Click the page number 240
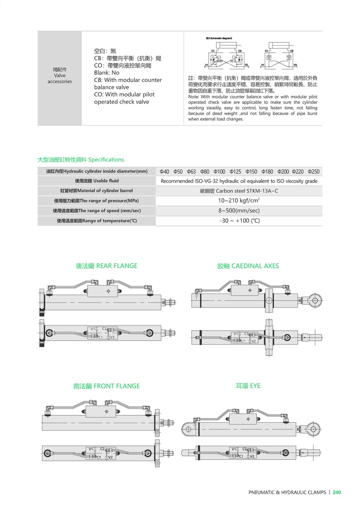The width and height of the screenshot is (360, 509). click(x=337, y=493)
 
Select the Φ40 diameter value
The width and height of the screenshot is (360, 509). click(x=164, y=172)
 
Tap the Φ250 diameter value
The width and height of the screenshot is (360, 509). click(x=314, y=172)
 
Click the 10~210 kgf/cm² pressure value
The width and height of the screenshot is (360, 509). click(x=239, y=200)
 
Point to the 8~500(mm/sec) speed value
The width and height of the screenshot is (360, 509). click(x=239, y=210)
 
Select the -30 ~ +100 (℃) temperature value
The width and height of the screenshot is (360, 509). click(x=239, y=220)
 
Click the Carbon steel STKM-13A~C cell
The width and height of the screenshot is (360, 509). click(x=239, y=191)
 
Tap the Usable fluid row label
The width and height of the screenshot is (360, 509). click(x=97, y=181)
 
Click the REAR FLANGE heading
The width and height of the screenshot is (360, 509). click(x=106, y=266)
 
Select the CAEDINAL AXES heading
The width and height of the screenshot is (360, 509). click(x=248, y=266)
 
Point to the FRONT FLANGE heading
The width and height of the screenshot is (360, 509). click(x=106, y=386)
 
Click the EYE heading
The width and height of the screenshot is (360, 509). click(x=248, y=386)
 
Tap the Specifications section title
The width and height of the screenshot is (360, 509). click(x=81, y=160)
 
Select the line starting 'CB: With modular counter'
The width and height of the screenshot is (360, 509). click(x=128, y=80)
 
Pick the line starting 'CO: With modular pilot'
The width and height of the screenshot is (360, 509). click(x=124, y=94)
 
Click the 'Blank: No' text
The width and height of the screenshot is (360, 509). click(x=107, y=73)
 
